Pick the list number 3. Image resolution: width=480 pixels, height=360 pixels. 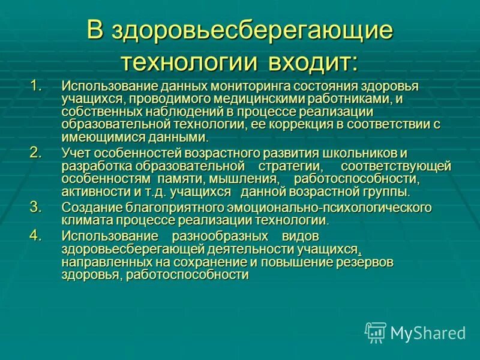tap(37, 206)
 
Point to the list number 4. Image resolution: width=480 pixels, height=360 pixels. tap(37, 235)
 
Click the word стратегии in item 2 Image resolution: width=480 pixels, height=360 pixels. tap(290, 166)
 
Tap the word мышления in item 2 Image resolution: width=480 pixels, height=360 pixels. tap(250, 179)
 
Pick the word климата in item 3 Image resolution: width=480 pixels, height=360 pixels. tap(85, 220)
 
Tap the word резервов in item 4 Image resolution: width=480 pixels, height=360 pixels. tap(365, 262)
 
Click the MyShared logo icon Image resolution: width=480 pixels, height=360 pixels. tap(376, 332)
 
